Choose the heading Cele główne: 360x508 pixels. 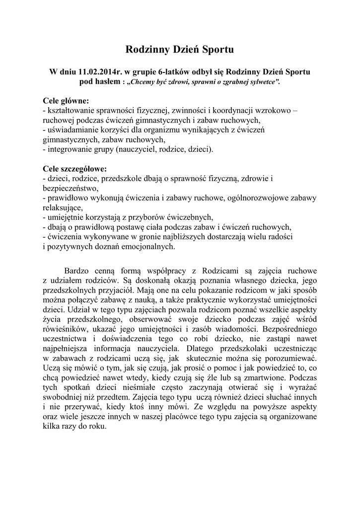click(x=66, y=101)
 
